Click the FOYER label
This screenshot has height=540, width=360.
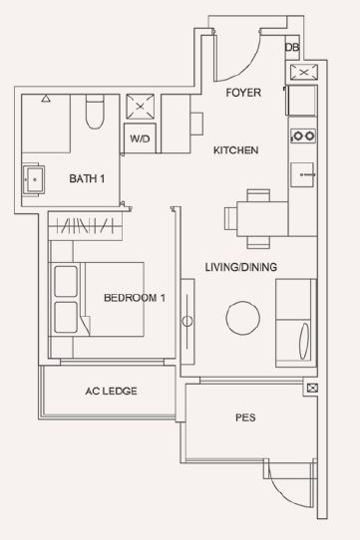click(x=243, y=93)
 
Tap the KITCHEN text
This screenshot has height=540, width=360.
click(x=236, y=150)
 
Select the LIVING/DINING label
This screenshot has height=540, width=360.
click(x=241, y=267)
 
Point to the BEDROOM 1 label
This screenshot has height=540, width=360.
click(x=135, y=298)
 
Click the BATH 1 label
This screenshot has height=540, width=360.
click(x=87, y=178)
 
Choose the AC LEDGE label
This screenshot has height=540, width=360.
click(x=111, y=391)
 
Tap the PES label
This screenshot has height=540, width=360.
click(x=245, y=417)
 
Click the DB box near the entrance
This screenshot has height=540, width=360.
click(x=292, y=48)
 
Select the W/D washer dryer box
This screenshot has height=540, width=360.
click(x=140, y=138)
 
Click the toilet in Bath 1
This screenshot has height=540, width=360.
click(x=95, y=112)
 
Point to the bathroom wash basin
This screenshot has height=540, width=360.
click(x=34, y=179)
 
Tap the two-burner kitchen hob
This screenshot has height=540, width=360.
click(x=303, y=136)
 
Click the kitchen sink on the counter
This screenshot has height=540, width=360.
click(x=302, y=175)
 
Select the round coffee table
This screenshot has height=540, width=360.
click(x=242, y=318)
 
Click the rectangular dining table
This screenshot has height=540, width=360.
click(x=262, y=219)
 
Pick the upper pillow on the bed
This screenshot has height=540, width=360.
click(x=66, y=281)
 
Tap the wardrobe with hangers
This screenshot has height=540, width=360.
click(x=86, y=226)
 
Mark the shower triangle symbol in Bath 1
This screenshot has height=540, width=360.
click(x=46, y=99)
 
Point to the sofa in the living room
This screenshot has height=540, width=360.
click(x=296, y=323)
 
